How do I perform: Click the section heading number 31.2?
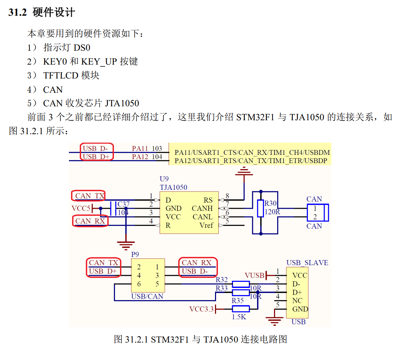[x=18, y=13]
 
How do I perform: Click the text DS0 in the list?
[x=82, y=47]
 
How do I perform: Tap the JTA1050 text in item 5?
[x=121, y=103]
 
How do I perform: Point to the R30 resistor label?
[x=270, y=204]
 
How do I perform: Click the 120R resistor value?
[x=272, y=212]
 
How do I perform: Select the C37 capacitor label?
[x=124, y=204]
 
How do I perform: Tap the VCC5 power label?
[x=81, y=208]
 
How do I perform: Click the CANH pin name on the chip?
[x=202, y=208]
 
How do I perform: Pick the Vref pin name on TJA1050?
[x=206, y=225]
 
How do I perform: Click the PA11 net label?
[x=140, y=148]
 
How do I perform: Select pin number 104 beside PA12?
[x=157, y=157]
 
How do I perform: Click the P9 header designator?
[x=135, y=254]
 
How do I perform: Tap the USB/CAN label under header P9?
[x=147, y=296]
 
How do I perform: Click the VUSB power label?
[x=254, y=275]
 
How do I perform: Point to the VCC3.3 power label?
[x=201, y=309]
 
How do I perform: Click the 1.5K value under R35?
[x=239, y=316]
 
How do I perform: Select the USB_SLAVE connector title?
[x=307, y=263]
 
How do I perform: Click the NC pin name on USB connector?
[x=297, y=301]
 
